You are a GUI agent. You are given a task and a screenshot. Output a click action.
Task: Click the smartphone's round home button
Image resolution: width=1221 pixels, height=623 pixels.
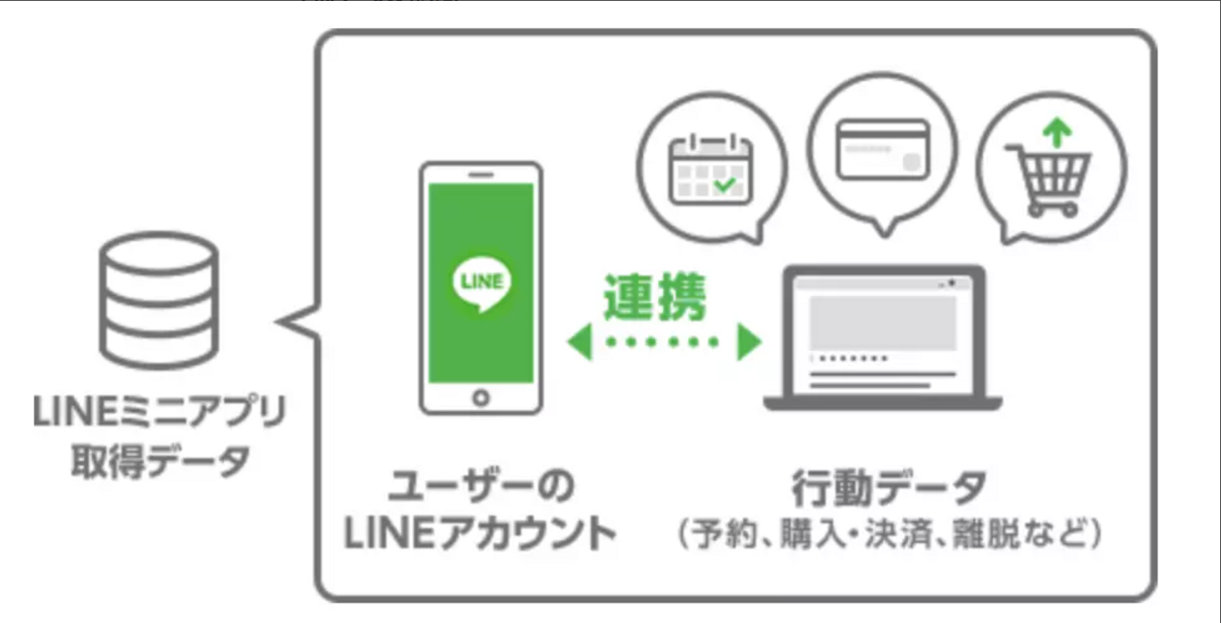click(481, 397)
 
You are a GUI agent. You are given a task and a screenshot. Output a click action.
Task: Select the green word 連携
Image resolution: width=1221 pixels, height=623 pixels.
click(654, 297)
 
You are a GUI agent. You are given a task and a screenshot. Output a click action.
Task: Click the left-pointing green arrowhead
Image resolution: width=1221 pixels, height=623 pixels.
click(579, 342)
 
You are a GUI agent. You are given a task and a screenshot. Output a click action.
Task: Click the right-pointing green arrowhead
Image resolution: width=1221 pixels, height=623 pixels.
click(749, 342)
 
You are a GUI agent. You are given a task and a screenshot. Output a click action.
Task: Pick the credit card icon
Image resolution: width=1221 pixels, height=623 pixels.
click(882, 150)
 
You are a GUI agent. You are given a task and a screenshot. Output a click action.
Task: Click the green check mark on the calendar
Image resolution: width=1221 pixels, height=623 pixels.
click(726, 183)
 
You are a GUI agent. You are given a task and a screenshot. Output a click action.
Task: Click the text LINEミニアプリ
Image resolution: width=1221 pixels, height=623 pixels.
click(159, 413)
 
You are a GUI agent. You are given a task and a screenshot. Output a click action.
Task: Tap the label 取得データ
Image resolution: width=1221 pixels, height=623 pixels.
click(159, 461)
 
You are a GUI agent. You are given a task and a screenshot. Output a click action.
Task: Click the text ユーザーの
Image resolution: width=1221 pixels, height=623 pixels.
click(481, 487)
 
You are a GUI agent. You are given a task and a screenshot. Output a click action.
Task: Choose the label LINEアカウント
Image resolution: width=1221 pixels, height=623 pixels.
click(481, 534)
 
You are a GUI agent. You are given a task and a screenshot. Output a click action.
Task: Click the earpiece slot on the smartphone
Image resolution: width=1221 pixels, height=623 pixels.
click(481, 175)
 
